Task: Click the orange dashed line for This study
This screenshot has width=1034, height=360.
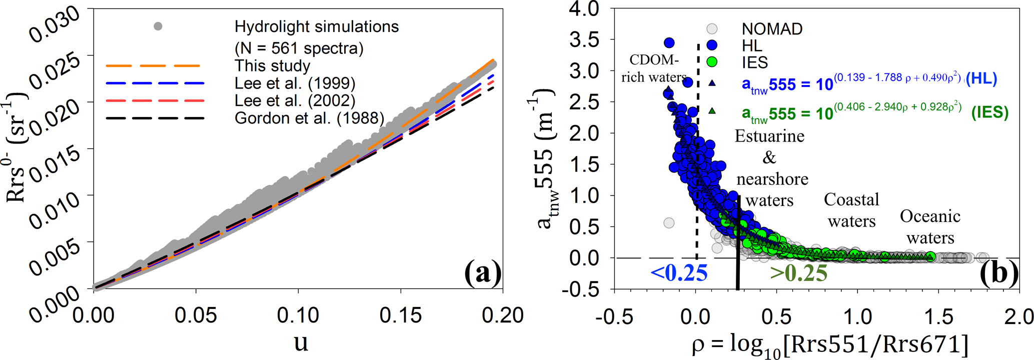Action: pyautogui.click(x=153, y=65)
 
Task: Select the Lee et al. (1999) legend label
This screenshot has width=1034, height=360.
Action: pyautogui.click(x=295, y=83)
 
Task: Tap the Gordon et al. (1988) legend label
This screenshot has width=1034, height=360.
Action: pyautogui.click(x=309, y=118)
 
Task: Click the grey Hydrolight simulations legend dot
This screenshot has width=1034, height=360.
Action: pyautogui.click(x=158, y=26)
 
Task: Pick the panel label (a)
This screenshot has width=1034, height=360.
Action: pyautogui.click(x=482, y=273)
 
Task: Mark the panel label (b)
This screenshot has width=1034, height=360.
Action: pyautogui.click(x=998, y=273)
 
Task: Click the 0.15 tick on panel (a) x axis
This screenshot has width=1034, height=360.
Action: pyautogui.click(x=401, y=315)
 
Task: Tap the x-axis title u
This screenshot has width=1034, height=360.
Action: pyautogui.click(x=301, y=343)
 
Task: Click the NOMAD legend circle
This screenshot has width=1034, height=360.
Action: pyautogui.click(x=712, y=29)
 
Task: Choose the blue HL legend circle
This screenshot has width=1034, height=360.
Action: pyautogui.click(x=712, y=45)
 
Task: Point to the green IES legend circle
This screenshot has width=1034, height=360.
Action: pyautogui.click(x=712, y=62)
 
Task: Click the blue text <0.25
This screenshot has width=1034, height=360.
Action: pyautogui.click(x=679, y=273)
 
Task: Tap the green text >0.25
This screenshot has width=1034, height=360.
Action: pyautogui.click(x=798, y=273)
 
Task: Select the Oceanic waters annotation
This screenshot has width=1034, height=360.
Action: pyautogui.click(x=930, y=227)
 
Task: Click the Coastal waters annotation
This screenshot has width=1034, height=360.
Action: pyautogui.click(x=851, y=210)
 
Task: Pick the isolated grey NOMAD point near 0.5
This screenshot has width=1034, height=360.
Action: pyautogui.click(x=669, y=223)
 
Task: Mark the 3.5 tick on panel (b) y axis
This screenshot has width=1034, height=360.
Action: pyautogui.click(x=585, y=39)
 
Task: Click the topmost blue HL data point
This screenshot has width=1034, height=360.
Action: pyautogui.click(x=669, y=43)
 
